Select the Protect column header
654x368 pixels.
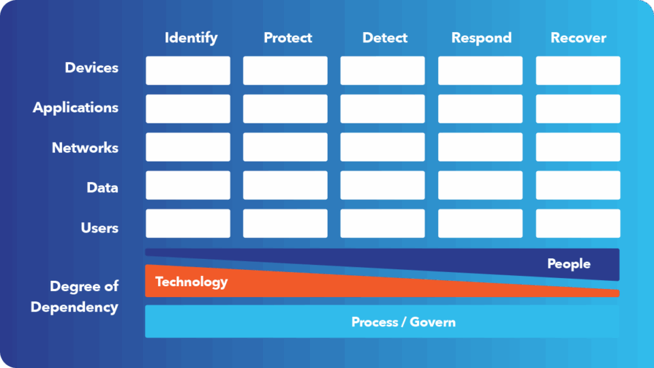287,38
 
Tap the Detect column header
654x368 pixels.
385,38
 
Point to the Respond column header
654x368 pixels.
482,38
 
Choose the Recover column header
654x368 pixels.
578,38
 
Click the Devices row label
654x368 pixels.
91,67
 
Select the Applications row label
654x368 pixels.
76,108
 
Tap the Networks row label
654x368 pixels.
85,148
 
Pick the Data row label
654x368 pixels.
102,187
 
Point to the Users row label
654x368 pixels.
99,228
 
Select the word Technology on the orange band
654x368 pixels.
191,281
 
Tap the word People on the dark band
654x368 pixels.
569,264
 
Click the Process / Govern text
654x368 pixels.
403,322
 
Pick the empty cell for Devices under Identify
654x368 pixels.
188,70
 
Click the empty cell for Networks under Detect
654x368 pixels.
382,147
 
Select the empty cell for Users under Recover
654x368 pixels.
578,224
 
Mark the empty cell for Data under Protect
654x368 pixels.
285,185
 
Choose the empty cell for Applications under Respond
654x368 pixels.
480,108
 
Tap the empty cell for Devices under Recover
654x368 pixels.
578,70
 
